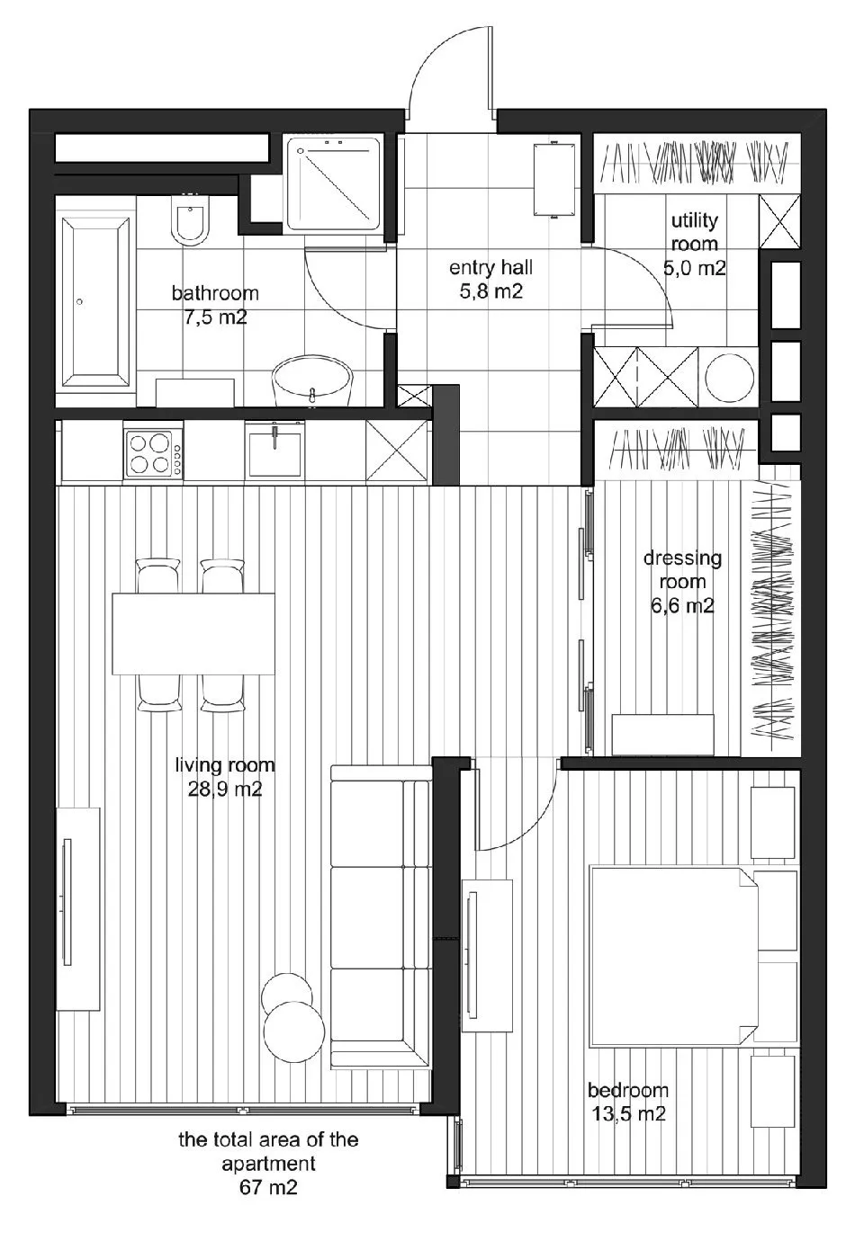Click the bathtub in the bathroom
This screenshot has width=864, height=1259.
95,302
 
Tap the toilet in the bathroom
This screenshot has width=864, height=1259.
191,219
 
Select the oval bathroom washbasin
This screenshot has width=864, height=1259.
312,379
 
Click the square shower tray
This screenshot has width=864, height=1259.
334,183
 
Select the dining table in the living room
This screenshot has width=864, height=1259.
193,633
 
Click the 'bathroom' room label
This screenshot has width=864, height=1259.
215,293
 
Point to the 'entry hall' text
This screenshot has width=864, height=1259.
490,268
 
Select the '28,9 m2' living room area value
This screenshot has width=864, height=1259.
225,790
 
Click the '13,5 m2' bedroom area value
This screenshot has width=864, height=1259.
629,1113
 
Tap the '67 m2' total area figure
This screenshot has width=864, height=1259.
268,1187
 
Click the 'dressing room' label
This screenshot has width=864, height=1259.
682,569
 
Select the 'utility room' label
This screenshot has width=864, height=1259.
694,232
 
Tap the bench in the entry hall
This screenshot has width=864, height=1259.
554,179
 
